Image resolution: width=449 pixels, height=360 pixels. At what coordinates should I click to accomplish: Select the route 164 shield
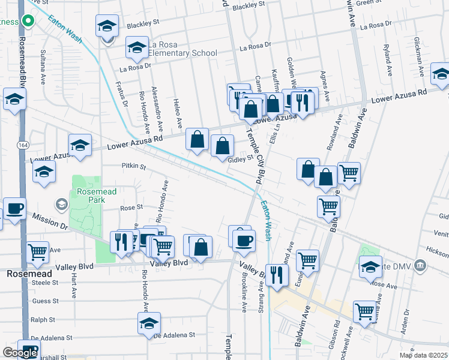(23, 145)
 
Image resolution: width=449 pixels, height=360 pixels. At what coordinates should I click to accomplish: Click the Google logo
(20, 353)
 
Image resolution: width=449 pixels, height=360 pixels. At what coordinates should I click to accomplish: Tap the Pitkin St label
(134, 166)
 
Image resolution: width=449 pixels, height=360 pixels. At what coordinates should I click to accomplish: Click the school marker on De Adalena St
(149, 322)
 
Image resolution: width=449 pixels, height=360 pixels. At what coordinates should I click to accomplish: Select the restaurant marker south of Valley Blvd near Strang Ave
(276, 275)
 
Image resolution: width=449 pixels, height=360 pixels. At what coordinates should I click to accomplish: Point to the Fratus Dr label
(120, 95)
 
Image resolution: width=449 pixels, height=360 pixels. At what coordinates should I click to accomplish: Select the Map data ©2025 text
(424, 355)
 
